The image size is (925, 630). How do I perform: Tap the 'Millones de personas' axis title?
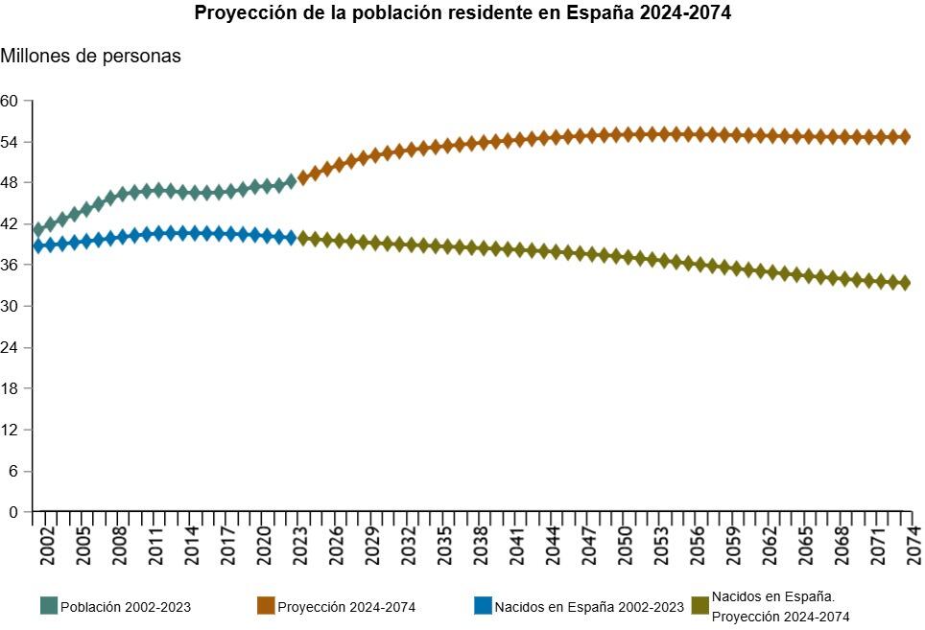pos(90,56)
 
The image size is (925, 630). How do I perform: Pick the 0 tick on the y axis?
pos(13,512)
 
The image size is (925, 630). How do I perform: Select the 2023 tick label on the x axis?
pos(300,544)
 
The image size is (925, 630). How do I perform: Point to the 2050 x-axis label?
pos(626,544)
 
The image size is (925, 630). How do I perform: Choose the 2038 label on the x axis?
pos(481,544)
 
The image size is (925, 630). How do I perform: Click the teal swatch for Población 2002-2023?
pos(49,606)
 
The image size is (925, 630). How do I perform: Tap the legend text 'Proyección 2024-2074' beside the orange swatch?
pos(346,607)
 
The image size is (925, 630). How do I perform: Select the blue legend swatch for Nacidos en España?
pos(483,606)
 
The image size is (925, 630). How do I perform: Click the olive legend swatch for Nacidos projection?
pos(700,606)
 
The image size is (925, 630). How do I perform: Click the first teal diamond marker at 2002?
pos(39,229)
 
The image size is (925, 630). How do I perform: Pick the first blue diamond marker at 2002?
pos(39,245)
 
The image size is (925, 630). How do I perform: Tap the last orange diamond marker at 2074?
pos(904,136)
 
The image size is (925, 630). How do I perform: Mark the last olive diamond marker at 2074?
pos(904,282)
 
